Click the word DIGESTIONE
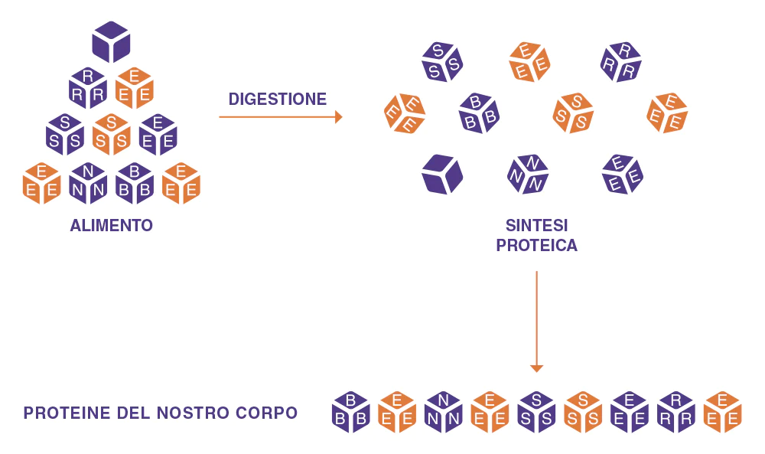click(x=278, y=99)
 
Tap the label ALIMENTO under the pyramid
click(x=111, y=226)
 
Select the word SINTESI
click(x=537, y=226)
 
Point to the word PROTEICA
click(x=537, y=245)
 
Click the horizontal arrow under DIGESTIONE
click(x=281, y=117)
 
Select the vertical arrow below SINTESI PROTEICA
click(x=537, y=322)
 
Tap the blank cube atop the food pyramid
click(x=111, y=42)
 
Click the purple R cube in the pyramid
click(x=88, y=88)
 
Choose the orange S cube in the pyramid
click(x=111, y=135)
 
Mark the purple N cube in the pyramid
click(x=88, y=183)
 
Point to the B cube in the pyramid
click(x=135, y=183)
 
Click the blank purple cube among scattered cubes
click(x=442, y=175)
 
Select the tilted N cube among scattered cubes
click(x=528, y=175)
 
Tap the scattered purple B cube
click(x=479, y=113)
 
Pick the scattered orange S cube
click(x=573, y=113)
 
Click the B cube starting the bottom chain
click(x=351, y=412)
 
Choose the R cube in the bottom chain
click(x=676, y=412)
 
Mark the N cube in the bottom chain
click(x=444, y=412)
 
